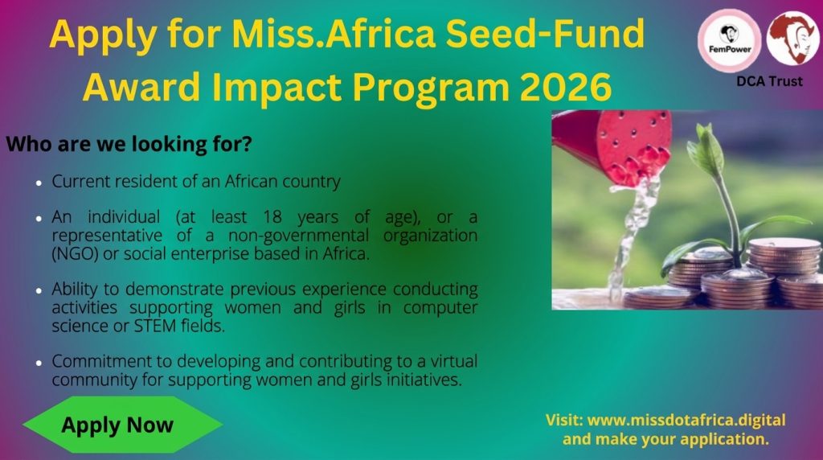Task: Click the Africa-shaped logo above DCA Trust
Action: [x=792, y=38]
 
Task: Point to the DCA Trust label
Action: [x=769, y=81]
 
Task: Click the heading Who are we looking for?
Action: [x=129, y=146]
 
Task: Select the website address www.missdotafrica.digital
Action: [x=686, y=421]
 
